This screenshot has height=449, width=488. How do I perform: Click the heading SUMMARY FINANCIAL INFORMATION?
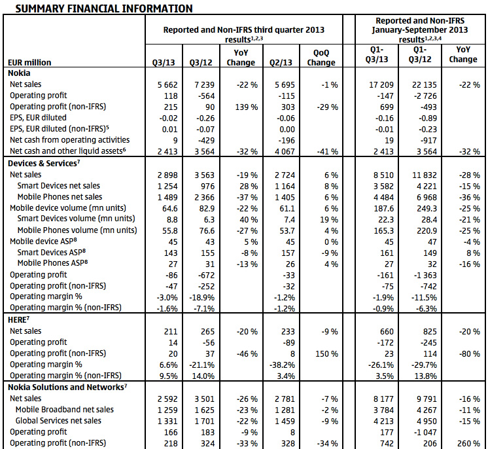pyautogui.click(x=104, y=9)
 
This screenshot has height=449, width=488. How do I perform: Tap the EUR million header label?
pyautogui.click(x=29, y=63)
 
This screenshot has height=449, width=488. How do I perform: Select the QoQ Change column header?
pyautogui.click(x=321, y=58)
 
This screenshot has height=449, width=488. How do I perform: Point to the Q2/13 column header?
pyautogui.click(x=281, y=63)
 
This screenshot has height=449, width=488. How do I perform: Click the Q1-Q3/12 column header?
pyautogui.click(x=420, y=54)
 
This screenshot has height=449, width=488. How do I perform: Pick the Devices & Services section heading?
pyautogui.click(x=44, y=164)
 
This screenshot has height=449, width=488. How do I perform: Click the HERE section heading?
pyautogui.click(x=19, y=320)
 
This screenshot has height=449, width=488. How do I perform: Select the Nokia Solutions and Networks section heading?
pyautogui.click(x=67, y=387)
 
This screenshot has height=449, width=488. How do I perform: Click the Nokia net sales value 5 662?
pyautogui.click(x=167, y=84)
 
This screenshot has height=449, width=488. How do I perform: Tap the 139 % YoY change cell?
pyautogui.click(x=247, y=107)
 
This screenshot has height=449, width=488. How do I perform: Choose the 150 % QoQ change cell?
pyautogui.click(x=327, y=353)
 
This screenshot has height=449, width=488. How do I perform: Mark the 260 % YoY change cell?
pyautogui.click(x=468, y=443)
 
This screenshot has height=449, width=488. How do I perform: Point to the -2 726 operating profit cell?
pyautogui.click(x=425, y=96)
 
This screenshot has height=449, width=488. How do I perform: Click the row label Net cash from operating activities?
pyautogui.click(x=70, y=140)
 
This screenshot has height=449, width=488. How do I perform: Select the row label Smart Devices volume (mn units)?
pyautogui.click(x=77, y=219)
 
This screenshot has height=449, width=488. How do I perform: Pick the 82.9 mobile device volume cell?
pyautogui.click(x=207, y=208)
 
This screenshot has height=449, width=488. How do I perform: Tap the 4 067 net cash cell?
pyautogui.click(x=285, y=152)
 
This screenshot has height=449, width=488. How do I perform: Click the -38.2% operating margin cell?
pyautogui.click(x=283, y=365)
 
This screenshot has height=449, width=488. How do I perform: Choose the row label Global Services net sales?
pyautogui.click(x=58, y=421)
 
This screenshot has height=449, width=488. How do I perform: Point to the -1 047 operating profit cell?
pyautogui.click(x=425, y=432)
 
